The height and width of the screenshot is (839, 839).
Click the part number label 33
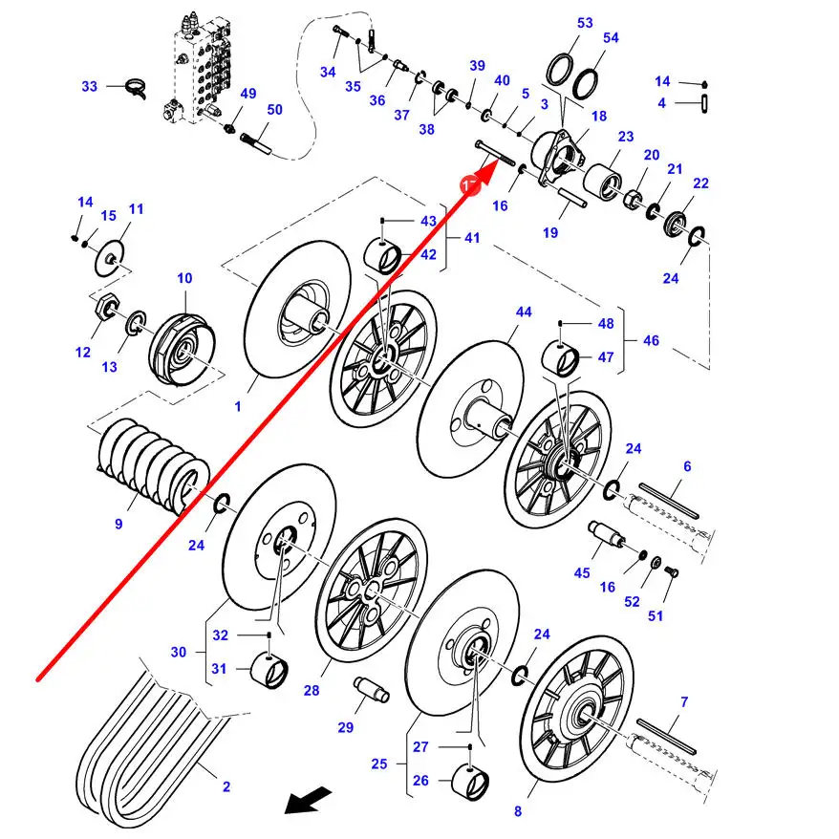point(90,86)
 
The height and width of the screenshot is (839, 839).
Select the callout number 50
point(274,110)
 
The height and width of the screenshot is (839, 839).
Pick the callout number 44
point(524,312)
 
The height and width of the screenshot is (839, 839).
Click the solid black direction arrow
point(308,800)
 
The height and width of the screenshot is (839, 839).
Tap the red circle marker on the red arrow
point(471,184)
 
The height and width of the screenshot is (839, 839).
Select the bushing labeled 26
point(470,783)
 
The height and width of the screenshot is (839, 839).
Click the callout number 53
point(586,23)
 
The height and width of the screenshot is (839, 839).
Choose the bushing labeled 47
point(561,358)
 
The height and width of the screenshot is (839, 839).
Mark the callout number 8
point(517,811)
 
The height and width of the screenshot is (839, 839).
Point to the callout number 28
point(312,691)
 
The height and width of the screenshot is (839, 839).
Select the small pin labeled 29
point(372,689)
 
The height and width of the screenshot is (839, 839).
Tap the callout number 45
point(582,573)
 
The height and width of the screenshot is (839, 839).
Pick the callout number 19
point(550,233)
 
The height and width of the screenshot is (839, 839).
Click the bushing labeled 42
point(382,256)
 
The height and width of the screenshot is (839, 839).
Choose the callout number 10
point(184,278)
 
